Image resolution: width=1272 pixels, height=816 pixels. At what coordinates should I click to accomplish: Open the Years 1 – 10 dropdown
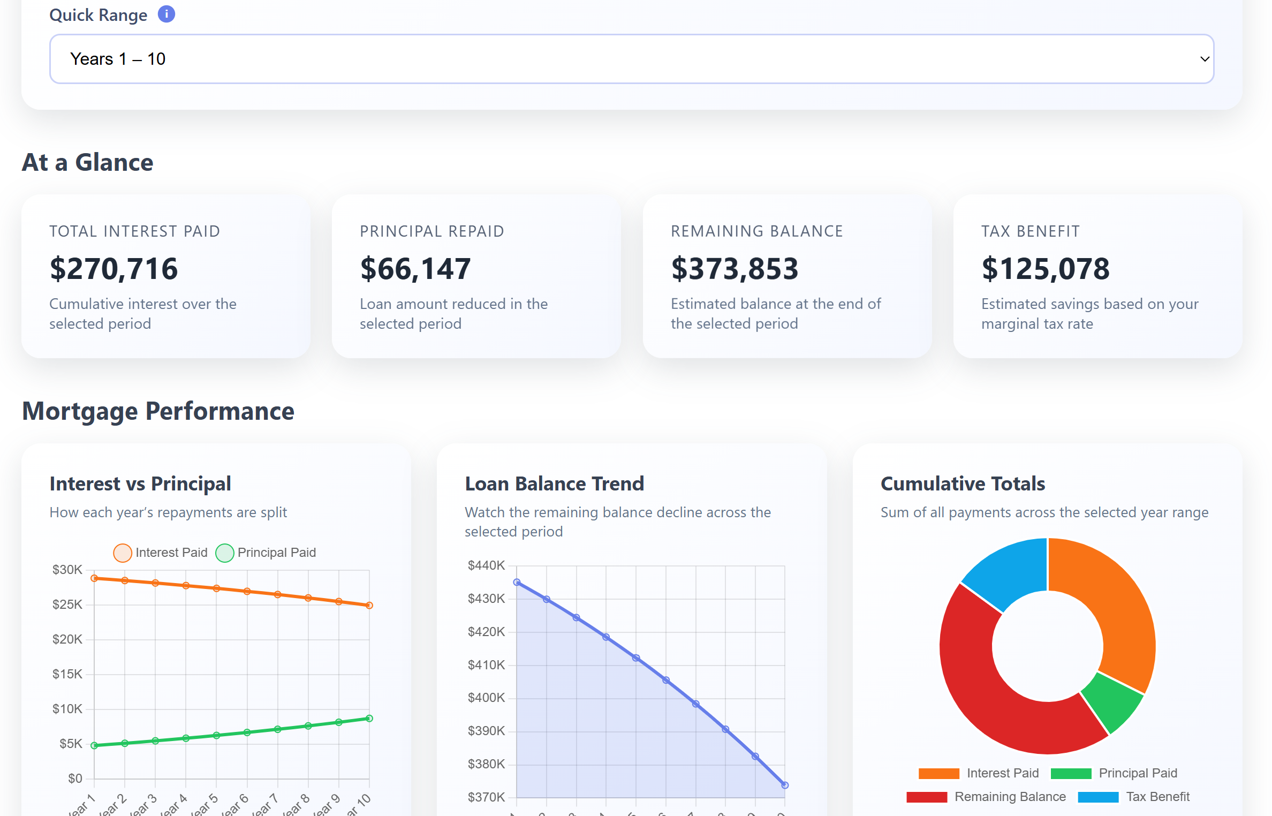pyautogui.click(x=631, y=59)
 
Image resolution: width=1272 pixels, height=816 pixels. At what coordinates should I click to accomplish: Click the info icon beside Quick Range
pyautogui.click(x=166, y=14)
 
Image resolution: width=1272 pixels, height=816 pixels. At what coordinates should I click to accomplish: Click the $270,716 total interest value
pyautogui.click(x=113, y=268)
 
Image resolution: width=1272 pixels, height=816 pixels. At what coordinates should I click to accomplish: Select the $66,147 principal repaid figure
pyautogui.click(x=415, y=268)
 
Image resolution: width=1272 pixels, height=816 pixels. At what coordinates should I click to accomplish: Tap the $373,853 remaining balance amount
pyautogui.click(x=735, y=268)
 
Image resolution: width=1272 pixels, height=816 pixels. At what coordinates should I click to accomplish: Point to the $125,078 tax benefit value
pyautogui.click(x=1046, y=268)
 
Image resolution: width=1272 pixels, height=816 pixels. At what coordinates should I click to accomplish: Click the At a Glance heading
pyautogui.click(x=88, y=162)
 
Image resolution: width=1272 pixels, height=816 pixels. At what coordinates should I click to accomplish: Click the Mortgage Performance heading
pyautogui.click(x=158, y=411)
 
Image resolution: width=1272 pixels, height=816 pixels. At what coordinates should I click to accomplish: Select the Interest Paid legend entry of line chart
pyautogui.click(x=161, y=553)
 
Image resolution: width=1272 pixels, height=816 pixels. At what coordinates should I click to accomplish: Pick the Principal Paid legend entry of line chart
pyautogui.click(x=266, y=553)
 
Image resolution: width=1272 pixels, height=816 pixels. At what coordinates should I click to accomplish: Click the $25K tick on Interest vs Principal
pyautogui.click(x=67, y=605)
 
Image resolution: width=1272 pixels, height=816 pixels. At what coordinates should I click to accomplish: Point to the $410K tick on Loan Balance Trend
pyautogui.click(x=486, y=665)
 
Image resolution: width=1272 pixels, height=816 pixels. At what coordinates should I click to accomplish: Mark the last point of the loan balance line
pyautogui.click(x=785, y=785)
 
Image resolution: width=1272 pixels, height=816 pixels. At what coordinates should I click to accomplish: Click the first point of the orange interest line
pyautogui.click(x=94, y=578)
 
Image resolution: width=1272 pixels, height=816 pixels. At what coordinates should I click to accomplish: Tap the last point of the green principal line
pyautogui.click(x=369, y=719)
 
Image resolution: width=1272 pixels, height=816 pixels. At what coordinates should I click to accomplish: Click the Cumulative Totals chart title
pyautogui.click(x=963, y=483)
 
